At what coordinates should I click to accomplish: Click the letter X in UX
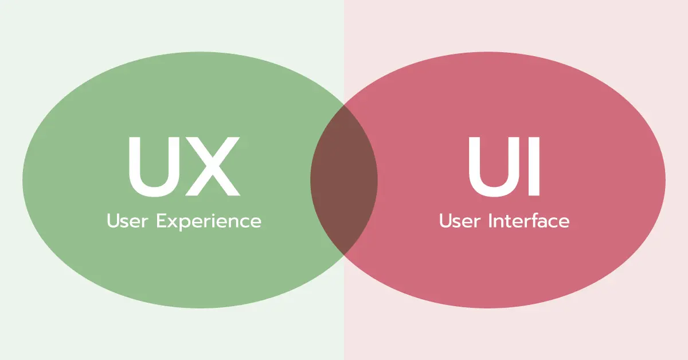(212, 166)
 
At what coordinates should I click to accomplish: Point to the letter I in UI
(534, 166)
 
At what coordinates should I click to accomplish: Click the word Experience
(209, 222)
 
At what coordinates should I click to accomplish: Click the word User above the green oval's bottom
(127, 221)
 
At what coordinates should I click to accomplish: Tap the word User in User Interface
(460, 221)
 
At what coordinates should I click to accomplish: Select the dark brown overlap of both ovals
(344, 179)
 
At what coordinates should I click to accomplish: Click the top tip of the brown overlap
(344, 105)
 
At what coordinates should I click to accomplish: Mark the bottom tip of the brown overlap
(344, 255)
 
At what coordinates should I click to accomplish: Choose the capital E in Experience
(162, 221)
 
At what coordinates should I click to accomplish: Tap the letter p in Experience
(186, 224)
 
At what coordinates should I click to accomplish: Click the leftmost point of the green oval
(23, 180)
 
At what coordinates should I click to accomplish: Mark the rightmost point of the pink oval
(665, 180)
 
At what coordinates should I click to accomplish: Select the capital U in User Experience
(112, 221)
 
